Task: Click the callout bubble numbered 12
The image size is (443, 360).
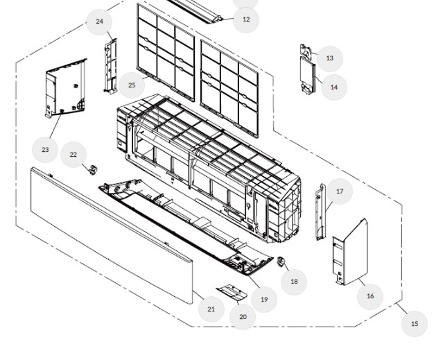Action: tap(245, 19)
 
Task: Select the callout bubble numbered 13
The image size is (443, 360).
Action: tap(329, 58)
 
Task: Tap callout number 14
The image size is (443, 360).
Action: tap(334, 87)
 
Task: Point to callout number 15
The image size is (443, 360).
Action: tap(415, 323)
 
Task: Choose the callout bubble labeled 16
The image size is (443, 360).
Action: tap(370, 295)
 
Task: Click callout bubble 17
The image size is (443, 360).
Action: tap(340, 191)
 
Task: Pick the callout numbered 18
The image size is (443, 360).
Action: tap(294, 281)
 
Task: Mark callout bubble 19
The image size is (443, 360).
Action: tap(263, 299)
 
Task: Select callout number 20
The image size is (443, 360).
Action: tap(243, 317)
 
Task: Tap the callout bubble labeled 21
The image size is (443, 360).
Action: tap(211, 309)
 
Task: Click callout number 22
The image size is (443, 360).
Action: tap(73, 155)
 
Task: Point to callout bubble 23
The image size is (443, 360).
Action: tap(45, 149)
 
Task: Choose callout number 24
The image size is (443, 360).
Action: tap(100, 22)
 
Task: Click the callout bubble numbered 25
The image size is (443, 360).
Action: tap(132, 85)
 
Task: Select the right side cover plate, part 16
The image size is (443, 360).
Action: tap(349, 254)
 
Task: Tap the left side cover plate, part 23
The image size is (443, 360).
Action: tap(66, 89)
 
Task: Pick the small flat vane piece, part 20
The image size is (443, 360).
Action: tap(232, 291)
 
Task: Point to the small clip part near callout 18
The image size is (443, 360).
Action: tap(281, 262)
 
